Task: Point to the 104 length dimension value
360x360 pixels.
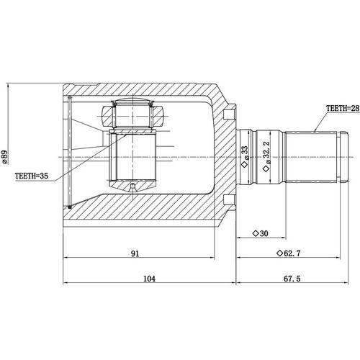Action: [150, 278]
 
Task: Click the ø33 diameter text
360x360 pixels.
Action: [245, 155]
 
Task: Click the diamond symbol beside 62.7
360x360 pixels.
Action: [279, 253]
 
